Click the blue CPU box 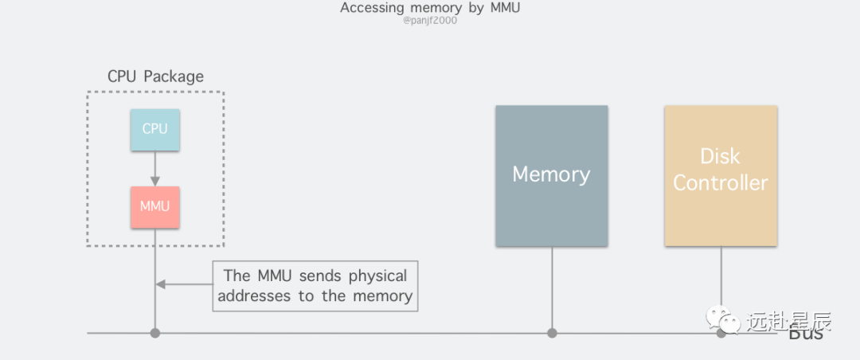pos(154,127)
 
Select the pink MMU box pos(154,206)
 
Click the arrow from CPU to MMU pos(154,168)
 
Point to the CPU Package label pos(155,76)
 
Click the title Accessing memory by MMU pos(430,8)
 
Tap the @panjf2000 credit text pos(430,20)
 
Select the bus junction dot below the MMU pos(154,333)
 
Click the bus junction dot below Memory pos(551,333)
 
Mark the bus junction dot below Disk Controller pos(721,333)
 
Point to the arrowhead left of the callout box pos(160,284)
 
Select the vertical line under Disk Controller pos(721,275)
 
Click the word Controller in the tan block pos(721,182)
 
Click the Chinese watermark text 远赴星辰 pos(788,321)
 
